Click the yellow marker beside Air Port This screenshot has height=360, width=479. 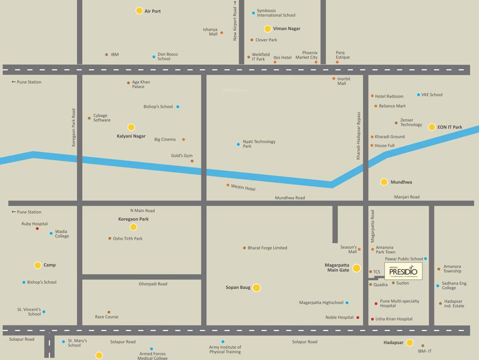tap(139, 11)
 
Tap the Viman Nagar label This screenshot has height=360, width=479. tap(286, 29)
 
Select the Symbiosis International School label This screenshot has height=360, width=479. tap(276, 13)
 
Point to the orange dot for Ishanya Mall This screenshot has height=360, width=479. tap(222, 33)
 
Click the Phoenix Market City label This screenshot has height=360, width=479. tap(309, 55)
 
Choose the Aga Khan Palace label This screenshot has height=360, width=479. tap(141, 84)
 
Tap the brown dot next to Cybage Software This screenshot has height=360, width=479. tap(89, 118)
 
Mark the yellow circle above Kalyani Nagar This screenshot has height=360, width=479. tap(131, 127)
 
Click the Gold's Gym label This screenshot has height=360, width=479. tap(181, 156)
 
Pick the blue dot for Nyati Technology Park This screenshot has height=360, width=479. tap(238, 144)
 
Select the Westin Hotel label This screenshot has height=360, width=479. tap(243, 187)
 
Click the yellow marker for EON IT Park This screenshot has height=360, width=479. tap(432, 127)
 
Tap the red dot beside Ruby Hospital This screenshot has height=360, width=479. tap(37, 228)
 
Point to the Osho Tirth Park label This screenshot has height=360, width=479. tap(127, 239)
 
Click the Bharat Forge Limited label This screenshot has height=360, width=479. tap(267, 248)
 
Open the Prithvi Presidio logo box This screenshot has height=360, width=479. tap(403, 271)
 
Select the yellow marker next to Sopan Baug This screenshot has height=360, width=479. tap(256, 288)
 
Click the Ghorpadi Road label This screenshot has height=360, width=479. tap(153, 284)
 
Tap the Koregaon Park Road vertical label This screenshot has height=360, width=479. tap(74, 127)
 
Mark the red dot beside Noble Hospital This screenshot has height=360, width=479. tap(358, 318)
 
